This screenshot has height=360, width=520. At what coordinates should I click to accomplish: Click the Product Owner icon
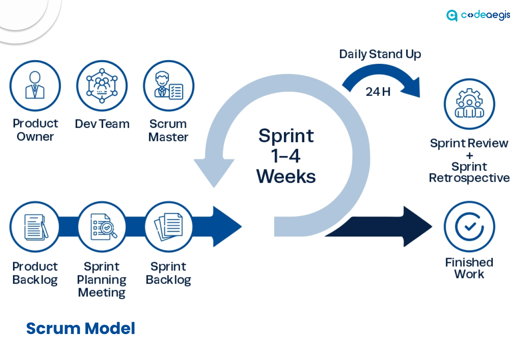coord(35,86)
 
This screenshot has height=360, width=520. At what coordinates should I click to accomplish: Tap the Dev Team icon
coord(102,86)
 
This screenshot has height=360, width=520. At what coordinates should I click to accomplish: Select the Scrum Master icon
coord(169,86)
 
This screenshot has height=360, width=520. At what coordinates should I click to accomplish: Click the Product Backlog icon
coord(35,227)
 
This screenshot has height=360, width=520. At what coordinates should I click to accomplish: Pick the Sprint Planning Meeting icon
coord(102,227)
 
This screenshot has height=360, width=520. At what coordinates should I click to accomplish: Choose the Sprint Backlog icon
coord(169,227)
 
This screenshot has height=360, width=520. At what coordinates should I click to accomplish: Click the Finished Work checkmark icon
coord(469,227)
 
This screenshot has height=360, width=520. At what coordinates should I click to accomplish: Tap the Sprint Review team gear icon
coord(469,104)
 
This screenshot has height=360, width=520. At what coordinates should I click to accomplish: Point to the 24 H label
coord(378,92)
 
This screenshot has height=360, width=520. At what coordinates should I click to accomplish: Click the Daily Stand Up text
coord(380,54)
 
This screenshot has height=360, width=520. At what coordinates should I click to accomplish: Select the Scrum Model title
coord(80,328)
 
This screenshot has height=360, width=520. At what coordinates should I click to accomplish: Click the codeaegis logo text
coord(485,15)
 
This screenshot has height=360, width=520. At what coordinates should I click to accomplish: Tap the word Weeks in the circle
coord(286,176)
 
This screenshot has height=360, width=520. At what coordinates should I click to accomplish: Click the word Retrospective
coord(469,178)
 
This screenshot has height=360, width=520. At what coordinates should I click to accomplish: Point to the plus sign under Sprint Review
coord(469,155)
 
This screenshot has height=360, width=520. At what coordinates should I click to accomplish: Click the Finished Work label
coord(469,268)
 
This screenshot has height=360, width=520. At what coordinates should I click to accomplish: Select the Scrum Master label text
coord(168,130)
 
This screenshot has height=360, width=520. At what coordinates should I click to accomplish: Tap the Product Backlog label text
coord(35,273)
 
